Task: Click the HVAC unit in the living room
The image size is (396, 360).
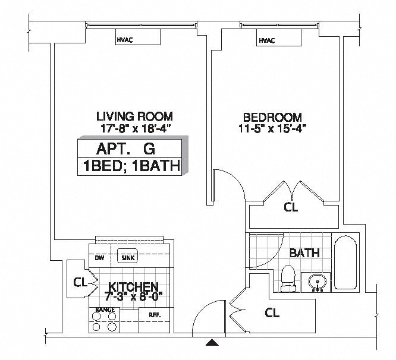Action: point(138,37)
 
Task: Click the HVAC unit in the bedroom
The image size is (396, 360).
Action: point(279,37)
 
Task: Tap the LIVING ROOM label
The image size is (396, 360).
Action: point(134,116)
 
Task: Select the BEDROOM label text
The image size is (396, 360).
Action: point(272,118)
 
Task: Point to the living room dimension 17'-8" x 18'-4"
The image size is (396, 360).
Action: point(134,129)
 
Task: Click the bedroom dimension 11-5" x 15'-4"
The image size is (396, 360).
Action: point(272,129)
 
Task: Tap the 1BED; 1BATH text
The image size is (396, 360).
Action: point(131,166)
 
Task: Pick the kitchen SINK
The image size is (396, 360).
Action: point(128,256)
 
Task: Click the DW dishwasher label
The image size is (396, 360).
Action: point(99,258)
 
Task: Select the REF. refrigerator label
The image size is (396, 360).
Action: point(155,315)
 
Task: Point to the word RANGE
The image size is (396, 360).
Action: point(105,310)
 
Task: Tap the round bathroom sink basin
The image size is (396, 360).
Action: point(318,282)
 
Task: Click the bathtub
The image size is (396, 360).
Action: point(345,263)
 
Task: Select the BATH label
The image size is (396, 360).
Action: point(304,253)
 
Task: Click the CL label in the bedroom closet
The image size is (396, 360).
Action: point(291,207)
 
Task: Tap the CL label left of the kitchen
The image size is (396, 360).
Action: point(80,282)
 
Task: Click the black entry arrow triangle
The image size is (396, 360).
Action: point(212,342)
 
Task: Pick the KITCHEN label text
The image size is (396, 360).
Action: point(133,286)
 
